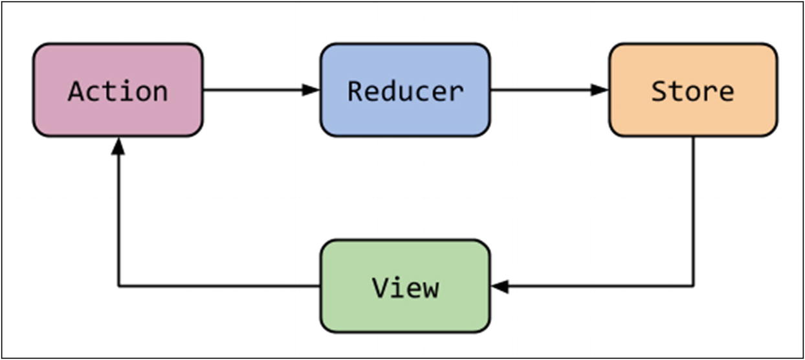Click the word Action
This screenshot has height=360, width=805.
[x=118, y=91]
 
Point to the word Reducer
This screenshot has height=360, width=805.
[x=405, y=91]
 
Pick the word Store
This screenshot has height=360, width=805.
[x=692, y=91]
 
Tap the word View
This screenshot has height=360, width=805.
[x=405, y=287]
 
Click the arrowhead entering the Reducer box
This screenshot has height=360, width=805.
[x=312, y=90]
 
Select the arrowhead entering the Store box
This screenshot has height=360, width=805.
[x=600, y=90]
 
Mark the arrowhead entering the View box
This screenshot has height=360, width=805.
[x=500, y=286]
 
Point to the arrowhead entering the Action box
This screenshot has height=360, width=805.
[x=118, y=146]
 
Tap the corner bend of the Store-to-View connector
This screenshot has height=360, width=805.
[x=693, y=286]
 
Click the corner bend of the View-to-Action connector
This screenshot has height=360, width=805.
[x=118, y=286]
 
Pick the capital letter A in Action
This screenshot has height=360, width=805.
[x=76, y=91]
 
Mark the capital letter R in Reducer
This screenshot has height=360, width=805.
[x=355, y=91]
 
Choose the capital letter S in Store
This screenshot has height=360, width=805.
[x=659, y=91]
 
